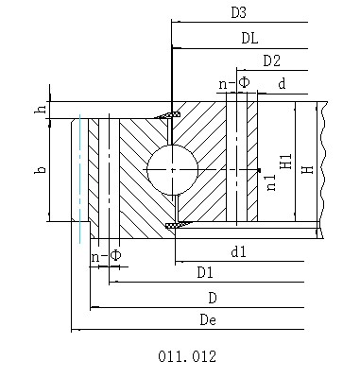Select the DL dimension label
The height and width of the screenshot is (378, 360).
(250, 38)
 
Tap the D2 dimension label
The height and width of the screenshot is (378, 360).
(272, 61)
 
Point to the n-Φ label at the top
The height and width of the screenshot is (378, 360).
(234, 84)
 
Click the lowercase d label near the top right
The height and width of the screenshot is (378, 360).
(283, 85)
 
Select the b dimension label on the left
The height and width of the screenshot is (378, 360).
(40, 170)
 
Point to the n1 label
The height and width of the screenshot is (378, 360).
(272, 182)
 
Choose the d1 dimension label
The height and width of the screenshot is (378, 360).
(238, 251)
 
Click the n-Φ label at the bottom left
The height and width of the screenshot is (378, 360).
(106, 256)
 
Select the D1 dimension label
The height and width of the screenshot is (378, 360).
(205, 273)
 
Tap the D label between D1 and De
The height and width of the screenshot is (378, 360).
(214, 298)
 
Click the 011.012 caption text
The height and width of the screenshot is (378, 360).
(189, 357)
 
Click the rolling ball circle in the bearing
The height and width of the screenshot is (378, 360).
(172, 169)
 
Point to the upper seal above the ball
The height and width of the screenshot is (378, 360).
(171, 115)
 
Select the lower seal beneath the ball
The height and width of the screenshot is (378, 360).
(175, 224)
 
